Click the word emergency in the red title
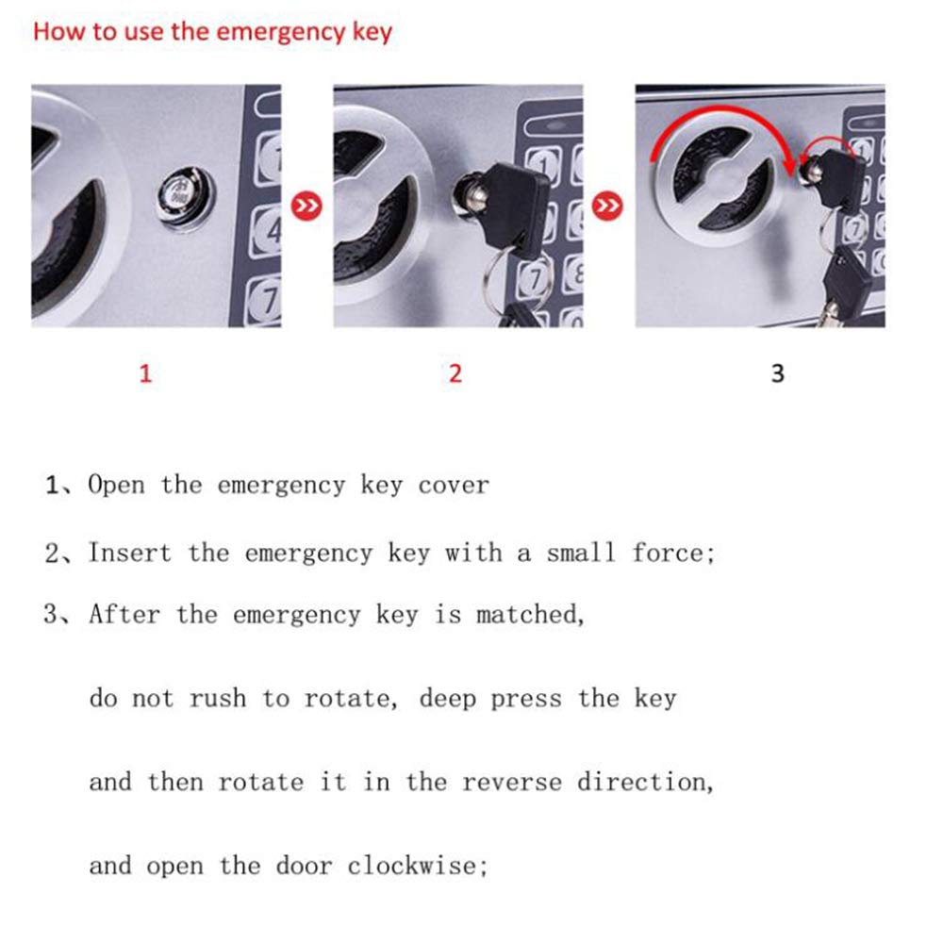click(x=280, y=32)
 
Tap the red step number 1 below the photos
click(x=145, y=373)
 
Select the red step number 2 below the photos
click(x=455, y=373)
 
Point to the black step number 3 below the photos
click(x=778, y=373)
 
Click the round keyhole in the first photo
click(x=187, y=198)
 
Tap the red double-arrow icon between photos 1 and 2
click(x=306, y=206)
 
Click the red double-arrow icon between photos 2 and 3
click(x=607, y=206)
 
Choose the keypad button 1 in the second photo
click(x=544, y=165)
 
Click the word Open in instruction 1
click(x=117, y=486)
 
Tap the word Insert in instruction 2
click(x=130, y=553)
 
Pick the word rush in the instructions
click(x=218, y=699)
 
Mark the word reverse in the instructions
click(x=512, y=783)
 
